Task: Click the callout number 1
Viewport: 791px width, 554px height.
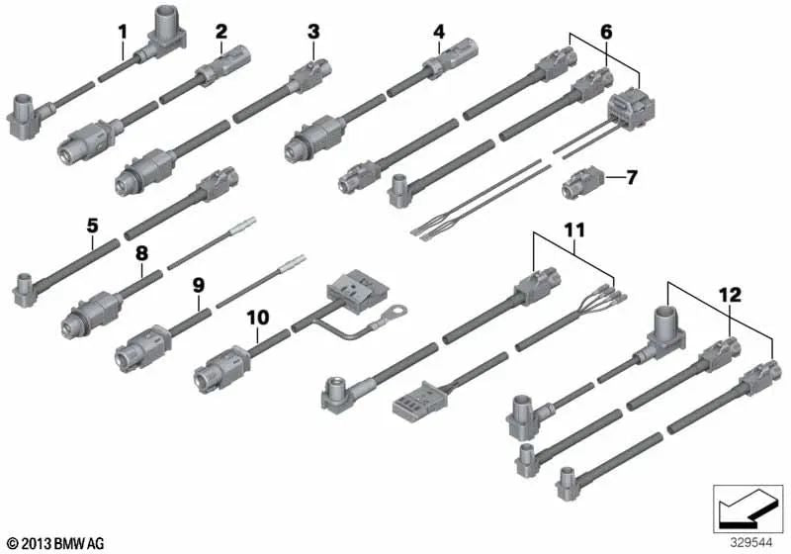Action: point(123,31)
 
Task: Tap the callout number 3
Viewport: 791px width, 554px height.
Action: point(313,32)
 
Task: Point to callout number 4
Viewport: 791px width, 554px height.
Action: point(439,32)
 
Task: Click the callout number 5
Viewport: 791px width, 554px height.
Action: point(92,226)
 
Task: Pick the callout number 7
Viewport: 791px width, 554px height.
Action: point(631,178)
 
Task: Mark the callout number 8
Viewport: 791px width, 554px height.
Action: point(142,253)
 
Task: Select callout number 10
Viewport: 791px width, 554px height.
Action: point(258,318)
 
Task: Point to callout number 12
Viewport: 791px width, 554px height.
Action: point(729,293)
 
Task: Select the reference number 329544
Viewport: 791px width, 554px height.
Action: point(751,542)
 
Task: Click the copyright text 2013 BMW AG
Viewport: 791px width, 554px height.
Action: point(48,541)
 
